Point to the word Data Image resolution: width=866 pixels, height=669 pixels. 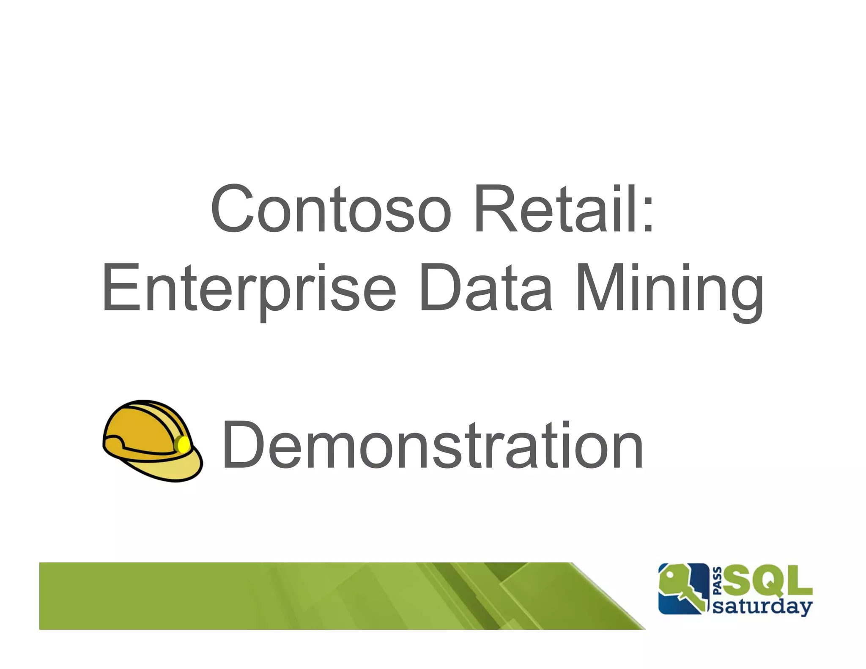tap(485, 288)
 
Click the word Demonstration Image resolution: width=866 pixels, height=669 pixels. tap(432, 446)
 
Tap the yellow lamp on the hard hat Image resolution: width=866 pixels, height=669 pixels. tap(183, 444)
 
